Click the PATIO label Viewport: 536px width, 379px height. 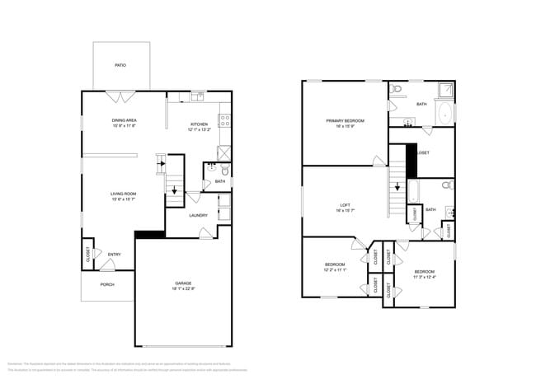pos(120,66)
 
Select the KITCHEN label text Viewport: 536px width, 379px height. pos(200,124)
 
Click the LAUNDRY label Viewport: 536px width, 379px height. pos(198,216)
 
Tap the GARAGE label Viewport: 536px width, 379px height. pos(183,283)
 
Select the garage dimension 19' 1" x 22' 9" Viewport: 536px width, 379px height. pos(183,289)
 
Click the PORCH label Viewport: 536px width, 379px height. pos(107,284)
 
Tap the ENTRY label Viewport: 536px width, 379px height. pos(114,254)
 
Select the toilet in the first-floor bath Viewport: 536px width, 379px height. pos(224,170)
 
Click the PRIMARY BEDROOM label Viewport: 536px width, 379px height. pos(345,120)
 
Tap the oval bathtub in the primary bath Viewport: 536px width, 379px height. pos(443,113)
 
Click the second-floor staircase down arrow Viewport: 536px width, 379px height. pos(397,186)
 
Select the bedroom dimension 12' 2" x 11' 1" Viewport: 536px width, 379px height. pos(335,269)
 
